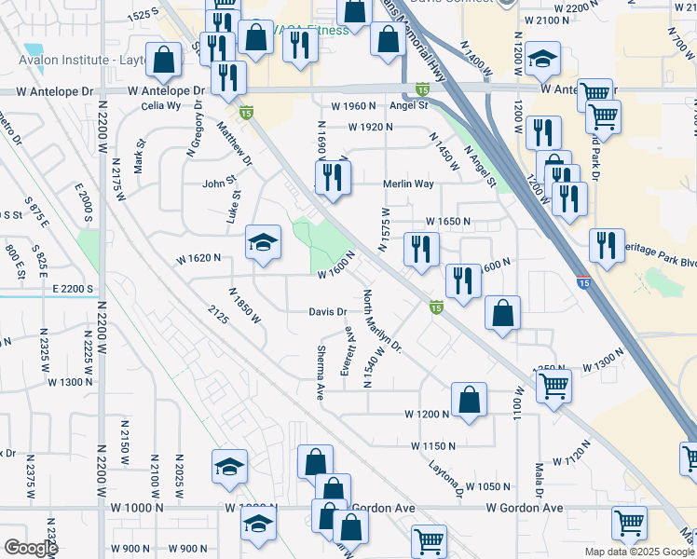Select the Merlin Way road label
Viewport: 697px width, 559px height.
coord(408,184)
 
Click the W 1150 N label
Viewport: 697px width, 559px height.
coord(433,446)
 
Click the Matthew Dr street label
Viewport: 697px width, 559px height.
coord(236,143)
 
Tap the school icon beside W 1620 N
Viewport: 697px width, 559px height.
coord(264,242)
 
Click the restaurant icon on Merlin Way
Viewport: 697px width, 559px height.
coord(333,175)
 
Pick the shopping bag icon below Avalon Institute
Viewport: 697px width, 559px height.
coord(164,60)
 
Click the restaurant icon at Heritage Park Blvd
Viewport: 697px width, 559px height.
coord(607,245)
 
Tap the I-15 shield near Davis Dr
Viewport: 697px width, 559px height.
coord(435,306)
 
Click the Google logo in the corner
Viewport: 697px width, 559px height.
coord(31,548)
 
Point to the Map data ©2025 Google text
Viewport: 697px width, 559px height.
coord(639,552)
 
